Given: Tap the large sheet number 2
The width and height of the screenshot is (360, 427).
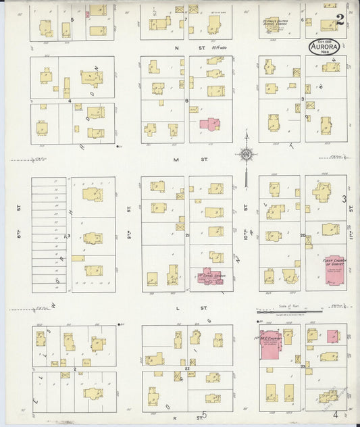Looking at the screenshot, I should coord(338,21).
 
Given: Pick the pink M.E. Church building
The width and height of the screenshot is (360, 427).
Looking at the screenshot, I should coord(272,343).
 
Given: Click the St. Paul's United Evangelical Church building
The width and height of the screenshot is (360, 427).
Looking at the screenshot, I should coord(274,23).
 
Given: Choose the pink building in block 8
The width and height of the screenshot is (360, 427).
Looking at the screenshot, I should coord(209,124).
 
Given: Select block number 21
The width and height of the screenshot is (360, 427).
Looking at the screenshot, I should coord(186,235).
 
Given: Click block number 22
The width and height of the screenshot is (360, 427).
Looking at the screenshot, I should coord(186,370).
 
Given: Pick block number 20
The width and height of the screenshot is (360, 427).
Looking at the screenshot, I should coord(303,236).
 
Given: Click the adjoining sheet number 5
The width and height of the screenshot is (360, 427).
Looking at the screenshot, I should coord(203,415).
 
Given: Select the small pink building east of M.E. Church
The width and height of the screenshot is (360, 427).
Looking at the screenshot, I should coord(332,336).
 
